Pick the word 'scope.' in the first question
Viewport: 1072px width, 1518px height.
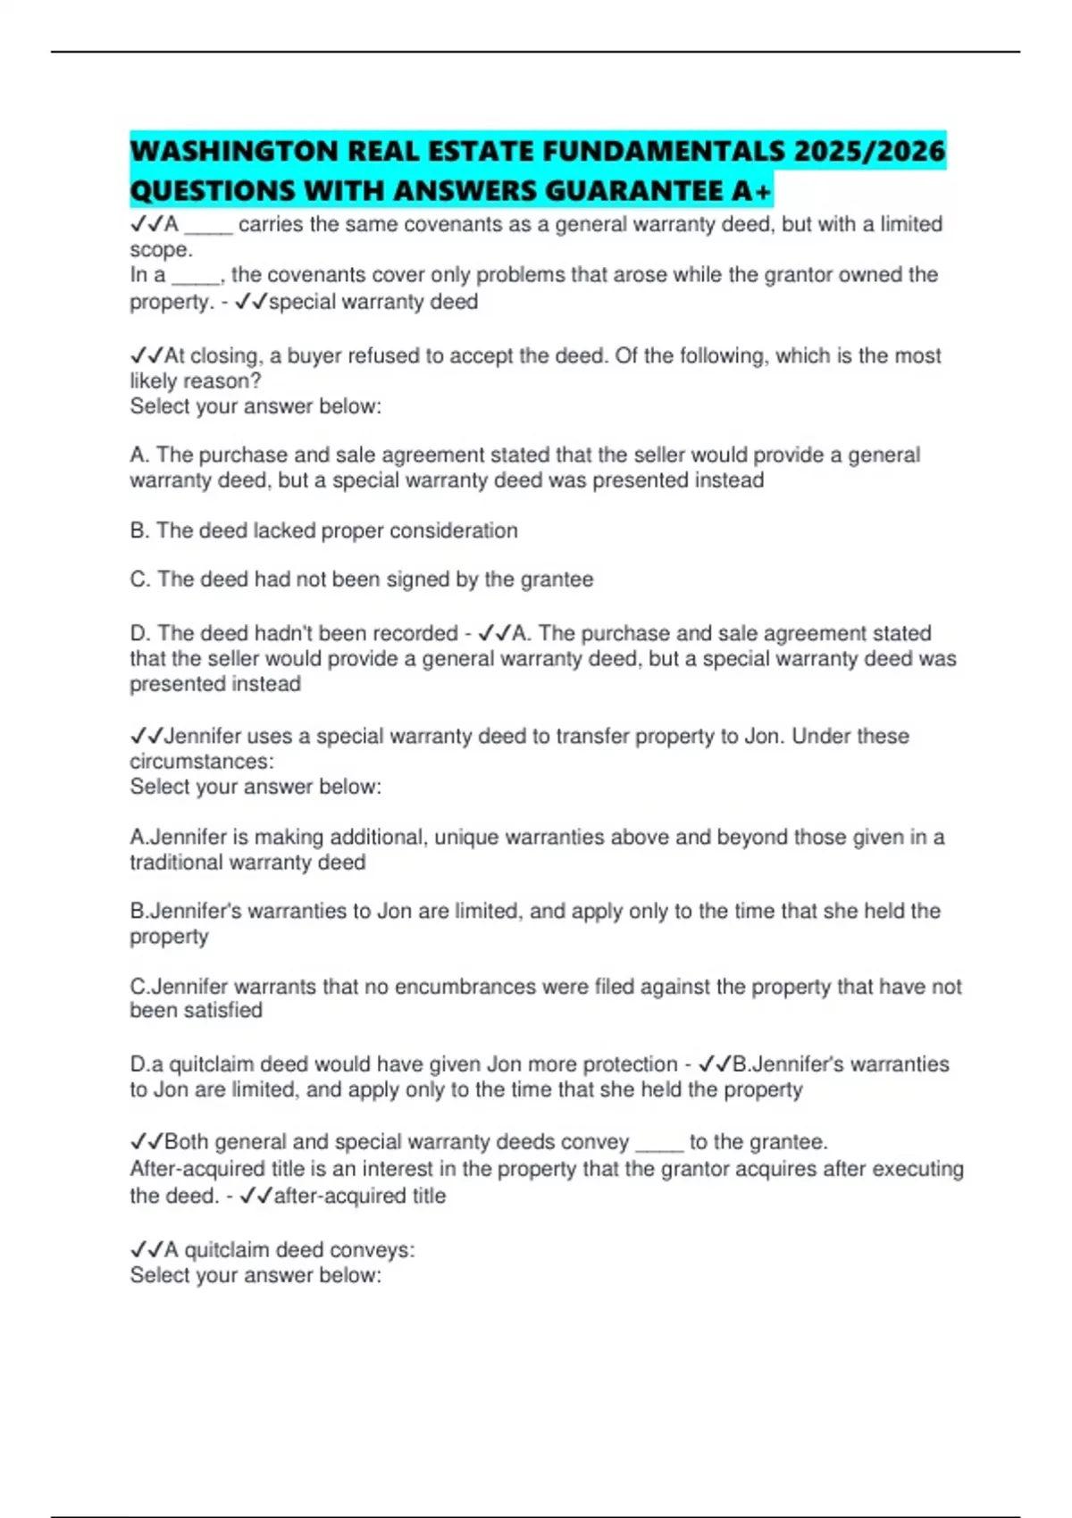[x=161, y=250]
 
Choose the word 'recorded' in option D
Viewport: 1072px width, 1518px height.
[x=415, y=633]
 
